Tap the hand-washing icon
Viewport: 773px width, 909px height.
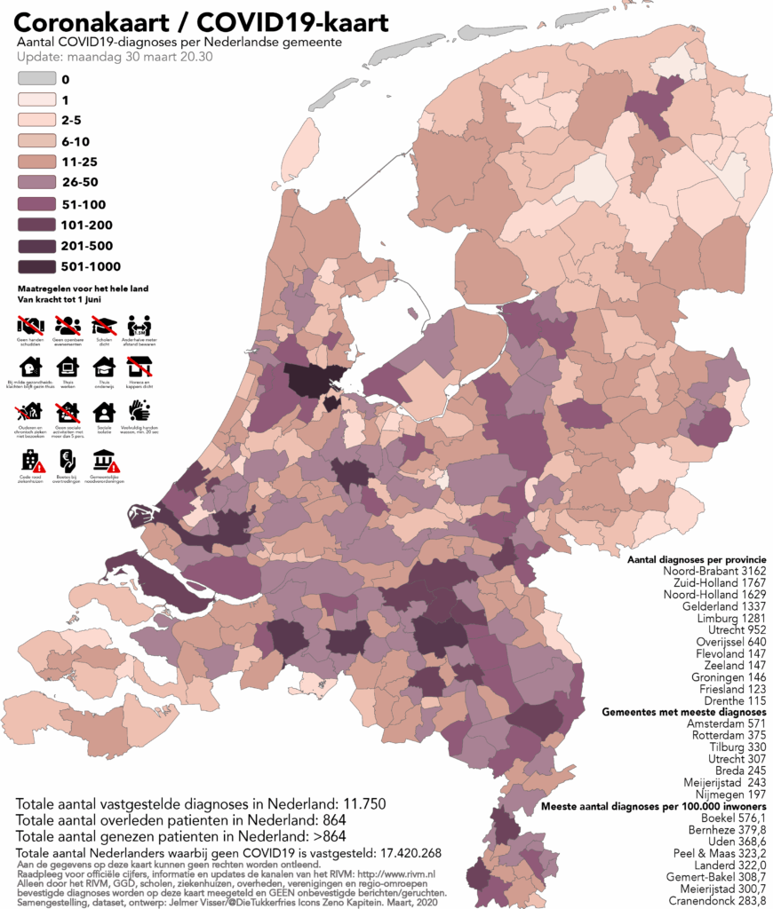click(x=139, y=409)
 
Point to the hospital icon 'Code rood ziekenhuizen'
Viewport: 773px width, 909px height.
click(x=31, y=460)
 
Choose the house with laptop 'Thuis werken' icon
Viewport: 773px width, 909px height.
click(x=68, y=367)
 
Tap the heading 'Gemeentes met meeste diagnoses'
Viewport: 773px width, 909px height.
click(x=683, y=712)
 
